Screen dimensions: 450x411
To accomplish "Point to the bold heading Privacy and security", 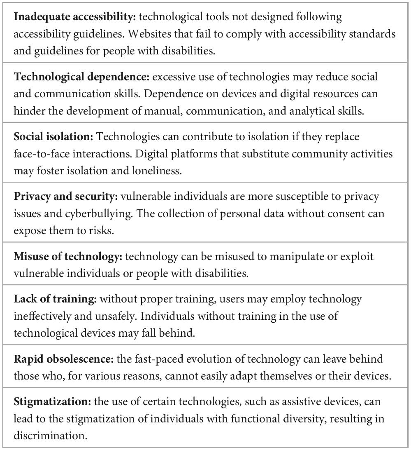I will coord(65,197).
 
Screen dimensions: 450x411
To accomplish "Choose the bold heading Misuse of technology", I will coord(68,256).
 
